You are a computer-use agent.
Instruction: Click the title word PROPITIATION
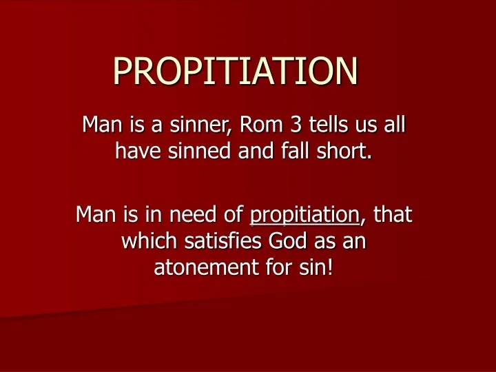coord(236,70)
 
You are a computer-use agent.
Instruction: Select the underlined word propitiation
coord(304,215)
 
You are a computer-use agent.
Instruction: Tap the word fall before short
coord(307,149)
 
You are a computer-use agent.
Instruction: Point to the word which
coord(147,240)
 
